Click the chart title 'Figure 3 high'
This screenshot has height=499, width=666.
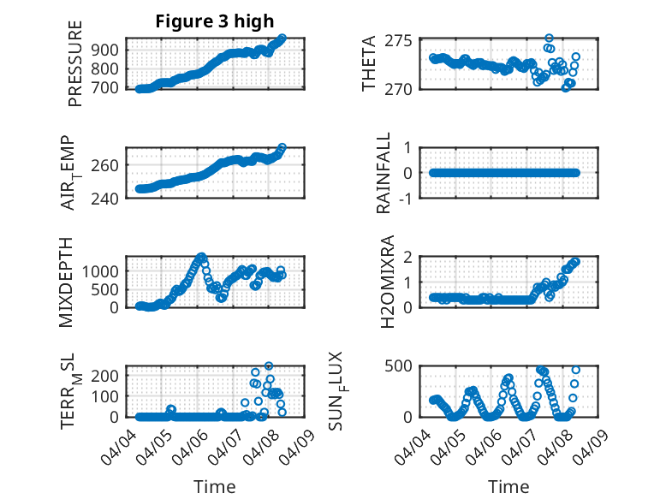click(x=214, y=21)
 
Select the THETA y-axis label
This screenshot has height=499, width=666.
click(x=369, y=64)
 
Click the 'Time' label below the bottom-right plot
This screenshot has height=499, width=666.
click(x=508, y=487)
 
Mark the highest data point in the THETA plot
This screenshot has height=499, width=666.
click(x=549, y=39)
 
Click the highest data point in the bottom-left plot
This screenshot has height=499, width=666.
click(x=269, y=366)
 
